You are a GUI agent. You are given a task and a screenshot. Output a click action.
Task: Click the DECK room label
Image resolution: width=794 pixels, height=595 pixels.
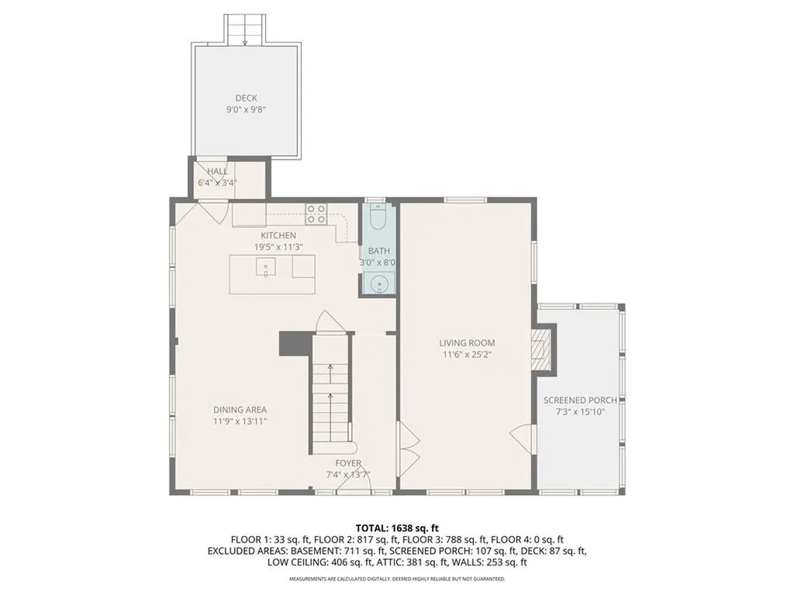(246, 98)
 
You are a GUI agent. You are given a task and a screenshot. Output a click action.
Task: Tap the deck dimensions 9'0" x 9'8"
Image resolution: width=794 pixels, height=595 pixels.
(246, 110)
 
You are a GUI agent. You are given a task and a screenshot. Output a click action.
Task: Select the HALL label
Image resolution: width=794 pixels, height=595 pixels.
(216, 171)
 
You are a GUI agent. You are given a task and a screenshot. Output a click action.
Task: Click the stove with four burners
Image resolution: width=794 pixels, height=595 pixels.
(316, 213)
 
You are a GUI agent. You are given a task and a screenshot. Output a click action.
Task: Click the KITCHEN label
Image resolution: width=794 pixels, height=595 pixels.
(278, 236)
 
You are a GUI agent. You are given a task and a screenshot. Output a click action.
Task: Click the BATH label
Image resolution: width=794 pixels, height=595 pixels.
(379, 251)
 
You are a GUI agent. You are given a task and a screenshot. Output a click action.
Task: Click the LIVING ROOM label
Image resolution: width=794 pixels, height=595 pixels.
(467, 342)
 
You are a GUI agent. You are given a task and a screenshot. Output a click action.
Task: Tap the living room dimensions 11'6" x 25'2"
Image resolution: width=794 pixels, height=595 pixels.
(467, 354)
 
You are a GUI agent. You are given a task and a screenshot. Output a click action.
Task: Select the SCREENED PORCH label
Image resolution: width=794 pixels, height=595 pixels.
(580, 400)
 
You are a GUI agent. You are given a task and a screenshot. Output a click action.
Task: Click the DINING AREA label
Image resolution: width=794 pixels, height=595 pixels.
(240, 410)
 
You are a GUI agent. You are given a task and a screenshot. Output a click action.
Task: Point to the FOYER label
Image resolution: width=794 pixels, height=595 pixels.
(343, 463)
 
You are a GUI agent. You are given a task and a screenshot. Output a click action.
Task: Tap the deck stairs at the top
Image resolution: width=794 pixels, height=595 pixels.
(246, 29)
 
